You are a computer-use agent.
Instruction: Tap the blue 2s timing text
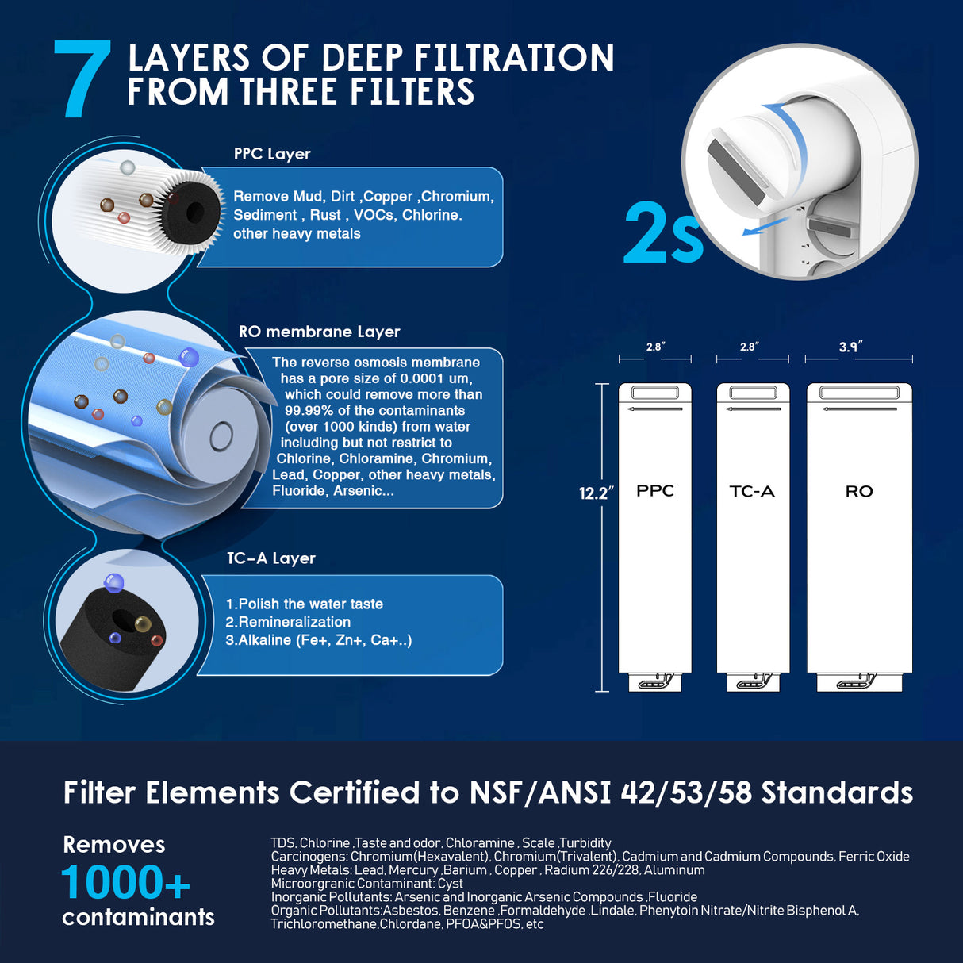(663, 233)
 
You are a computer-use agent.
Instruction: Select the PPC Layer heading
(272, 154)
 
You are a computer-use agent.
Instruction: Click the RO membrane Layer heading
(319, 332)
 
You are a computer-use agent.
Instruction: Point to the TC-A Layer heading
(270, 558)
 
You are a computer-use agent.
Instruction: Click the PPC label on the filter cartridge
(654, 491)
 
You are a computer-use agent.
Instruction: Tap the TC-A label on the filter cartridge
(752, 492)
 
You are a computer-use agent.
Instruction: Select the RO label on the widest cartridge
(859, 492)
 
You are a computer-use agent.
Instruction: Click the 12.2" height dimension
(596, 493)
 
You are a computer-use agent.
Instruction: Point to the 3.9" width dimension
(850, 347)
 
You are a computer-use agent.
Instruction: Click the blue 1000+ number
(126, 882)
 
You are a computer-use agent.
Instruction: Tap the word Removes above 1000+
(114, 845)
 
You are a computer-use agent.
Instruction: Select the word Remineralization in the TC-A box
(294, 623)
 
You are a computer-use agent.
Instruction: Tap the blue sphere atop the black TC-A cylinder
(114, 583)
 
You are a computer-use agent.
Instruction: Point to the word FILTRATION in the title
(514, 58)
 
